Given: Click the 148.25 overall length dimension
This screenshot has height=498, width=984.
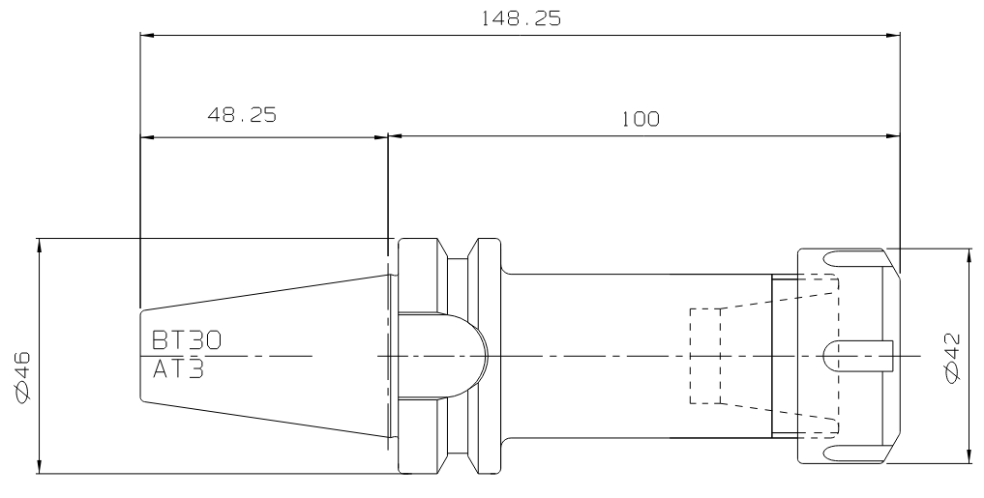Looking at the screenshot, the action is coord(521,18).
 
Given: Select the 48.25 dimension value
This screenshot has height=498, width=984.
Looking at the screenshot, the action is coord(242,115).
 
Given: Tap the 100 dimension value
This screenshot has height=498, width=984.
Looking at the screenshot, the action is coord(641,119).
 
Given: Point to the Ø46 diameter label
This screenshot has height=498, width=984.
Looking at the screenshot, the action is coord(22,378).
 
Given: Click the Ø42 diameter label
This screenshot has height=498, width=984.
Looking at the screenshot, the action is coord(953,358).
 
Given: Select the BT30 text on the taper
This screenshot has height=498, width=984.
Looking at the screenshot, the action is coord(187,340).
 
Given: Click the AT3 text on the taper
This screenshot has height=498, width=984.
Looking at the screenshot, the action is coord(179,369).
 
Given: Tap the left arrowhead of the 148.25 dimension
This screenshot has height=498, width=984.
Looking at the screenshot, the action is coord(148,35).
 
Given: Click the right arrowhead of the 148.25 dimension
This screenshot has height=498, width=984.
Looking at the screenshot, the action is coord(892,35).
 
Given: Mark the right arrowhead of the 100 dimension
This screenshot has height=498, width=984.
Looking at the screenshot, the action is coord(892,135).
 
